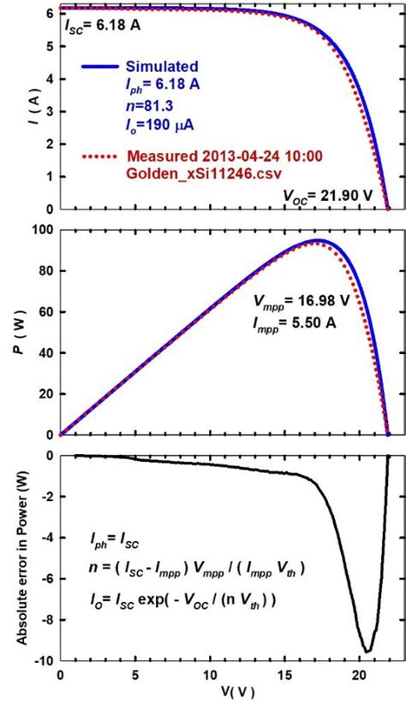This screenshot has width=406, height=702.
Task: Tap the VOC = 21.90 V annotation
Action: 328,195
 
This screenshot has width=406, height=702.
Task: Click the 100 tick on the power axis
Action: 44,230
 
